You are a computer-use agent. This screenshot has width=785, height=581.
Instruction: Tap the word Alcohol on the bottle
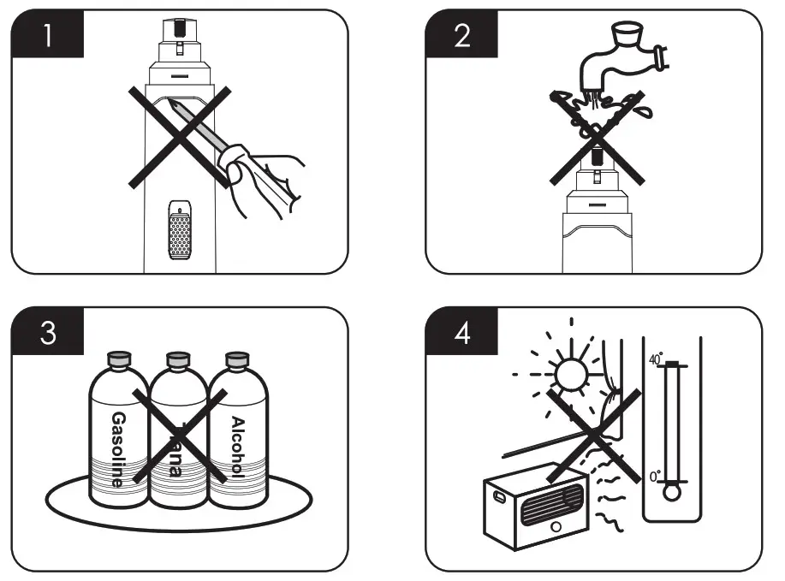coord(239,446)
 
